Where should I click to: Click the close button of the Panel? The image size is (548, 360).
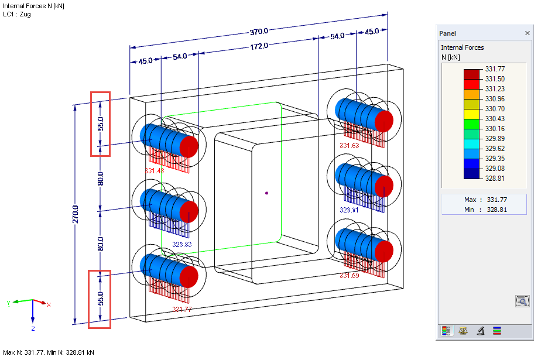click(x=527, y=33)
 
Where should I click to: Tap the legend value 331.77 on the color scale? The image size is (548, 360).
click(x=496, y=69)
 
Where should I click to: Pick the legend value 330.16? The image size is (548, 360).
click(x=496, y=128)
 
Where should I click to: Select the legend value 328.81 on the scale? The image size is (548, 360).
click(x=496, y=178)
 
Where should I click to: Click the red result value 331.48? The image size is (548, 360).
click(x=154, y=171)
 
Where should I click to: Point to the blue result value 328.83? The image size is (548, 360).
click(x=181, y=244)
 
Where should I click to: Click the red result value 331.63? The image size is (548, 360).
click(x=349, y=146)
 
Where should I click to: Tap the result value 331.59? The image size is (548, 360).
click(x=350, y=276)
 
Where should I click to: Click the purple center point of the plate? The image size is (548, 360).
click(x=266, y=193)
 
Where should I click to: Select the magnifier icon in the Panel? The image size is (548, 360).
click(x=522, y=301)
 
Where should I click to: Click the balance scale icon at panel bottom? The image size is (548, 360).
click(x=463, y=331)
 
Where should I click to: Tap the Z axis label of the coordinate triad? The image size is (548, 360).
click(x=33, y=328)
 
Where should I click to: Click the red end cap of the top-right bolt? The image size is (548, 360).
click(x=384, y=121)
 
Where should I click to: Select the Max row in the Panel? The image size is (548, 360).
click(x=484, y=200)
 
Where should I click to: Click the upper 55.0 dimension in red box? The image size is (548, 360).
click(x=100, y=124)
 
